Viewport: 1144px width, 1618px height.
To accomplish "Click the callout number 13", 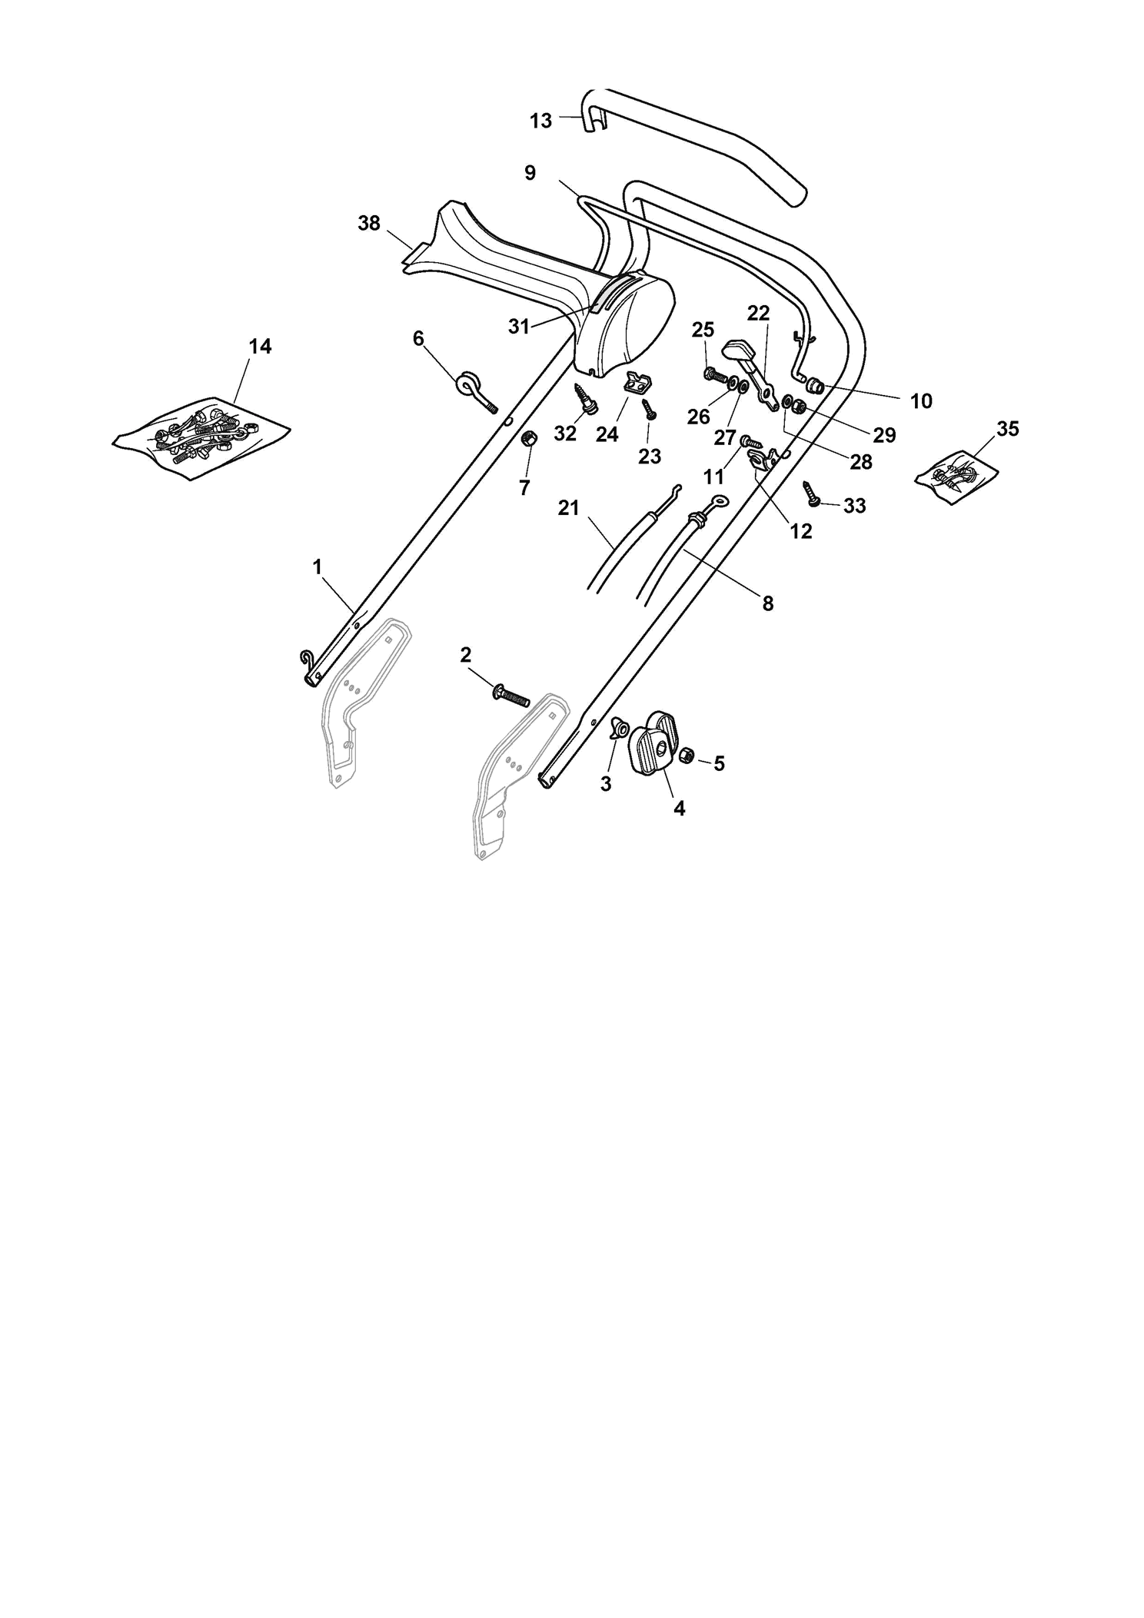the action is pos(541,121).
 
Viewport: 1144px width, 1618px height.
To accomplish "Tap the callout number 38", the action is pos(369,223).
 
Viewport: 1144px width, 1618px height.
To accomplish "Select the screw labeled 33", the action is pos(812,493).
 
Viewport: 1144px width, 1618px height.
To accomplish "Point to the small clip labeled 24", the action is pos(636,382).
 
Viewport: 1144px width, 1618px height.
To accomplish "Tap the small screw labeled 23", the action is pos(649,408).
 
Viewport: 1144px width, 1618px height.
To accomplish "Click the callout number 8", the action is pos(768,603).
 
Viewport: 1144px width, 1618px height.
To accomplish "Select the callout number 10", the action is pos(920,400).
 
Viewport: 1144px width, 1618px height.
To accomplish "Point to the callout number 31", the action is pos(519,327).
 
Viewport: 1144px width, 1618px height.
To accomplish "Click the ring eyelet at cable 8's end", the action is pos(718,500).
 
